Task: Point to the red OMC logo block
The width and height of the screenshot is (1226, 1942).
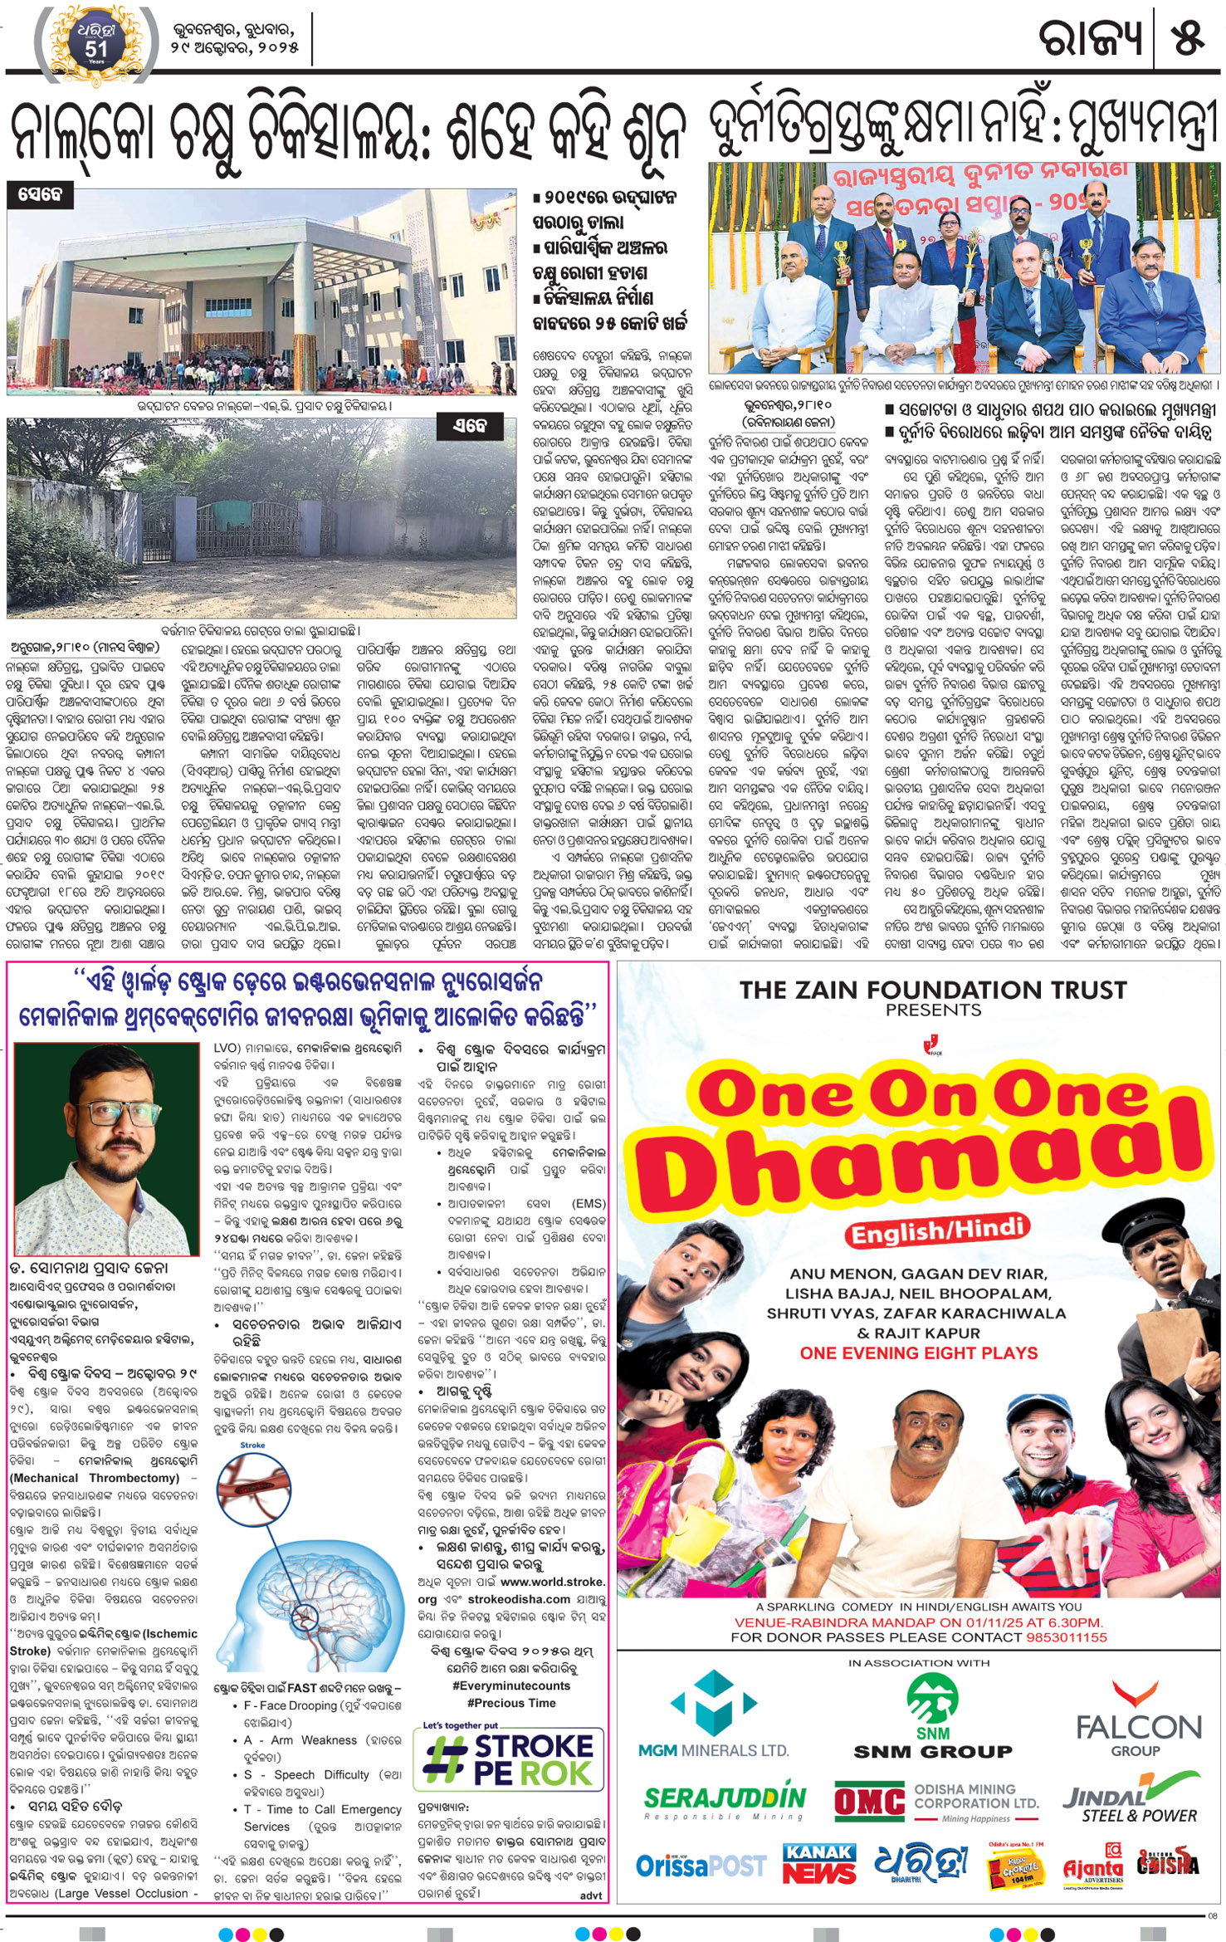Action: (x=869, y=1802)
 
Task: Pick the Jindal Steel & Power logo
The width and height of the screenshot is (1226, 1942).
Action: (x=1131, y=1797)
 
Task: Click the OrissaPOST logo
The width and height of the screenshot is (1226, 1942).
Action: (x=701, y=1865)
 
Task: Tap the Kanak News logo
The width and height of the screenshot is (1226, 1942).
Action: (x=819, y=1863)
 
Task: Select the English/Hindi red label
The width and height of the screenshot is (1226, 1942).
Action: (x=935, y=1231)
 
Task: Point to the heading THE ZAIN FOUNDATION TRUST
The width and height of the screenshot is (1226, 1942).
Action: (x=933, y=990)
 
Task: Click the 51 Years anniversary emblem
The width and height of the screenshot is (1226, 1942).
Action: (x=96, y=42)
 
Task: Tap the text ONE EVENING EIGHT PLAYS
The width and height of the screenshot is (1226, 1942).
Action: (x=919, y=1353)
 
